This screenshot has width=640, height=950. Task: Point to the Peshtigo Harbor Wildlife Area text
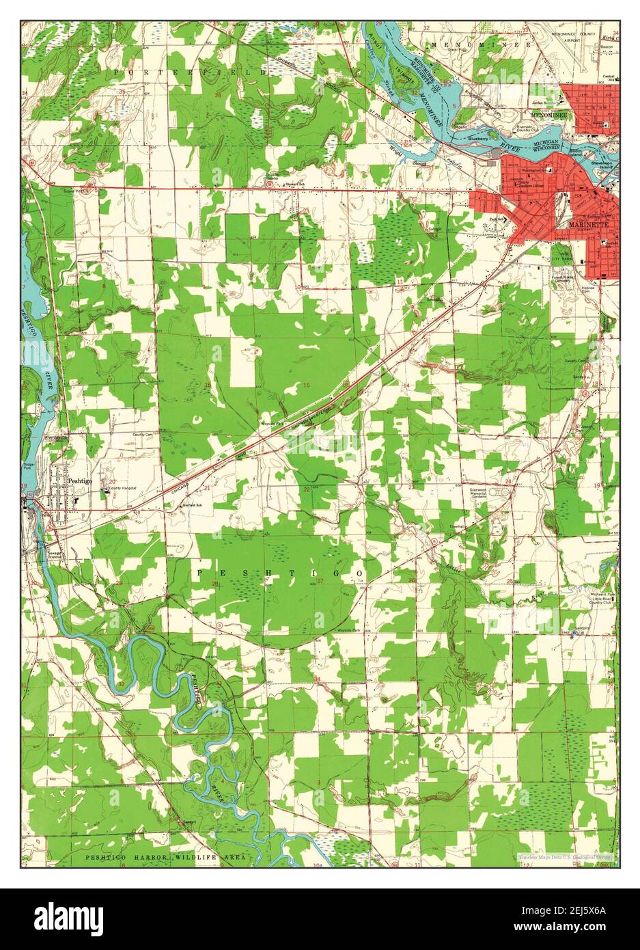pyautogui.click(x=165, y=857)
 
